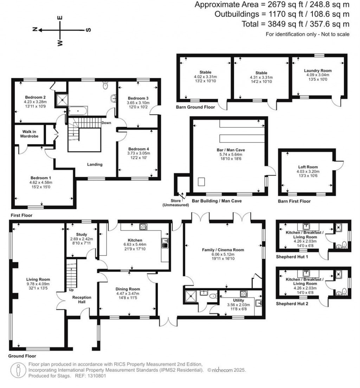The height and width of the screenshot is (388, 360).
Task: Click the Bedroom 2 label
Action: pos(36,97)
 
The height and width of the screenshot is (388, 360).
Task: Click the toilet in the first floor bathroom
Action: pos(105,85)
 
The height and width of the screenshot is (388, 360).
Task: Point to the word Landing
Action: pos(95,164)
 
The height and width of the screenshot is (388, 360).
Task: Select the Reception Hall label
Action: pos(82,300)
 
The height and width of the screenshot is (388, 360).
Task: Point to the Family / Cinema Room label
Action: pos(223,250)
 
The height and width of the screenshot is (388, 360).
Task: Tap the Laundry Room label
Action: pos(318,71)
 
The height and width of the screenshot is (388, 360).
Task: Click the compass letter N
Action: pos(35,30)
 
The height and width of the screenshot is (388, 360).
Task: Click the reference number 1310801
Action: pos(95,376)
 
